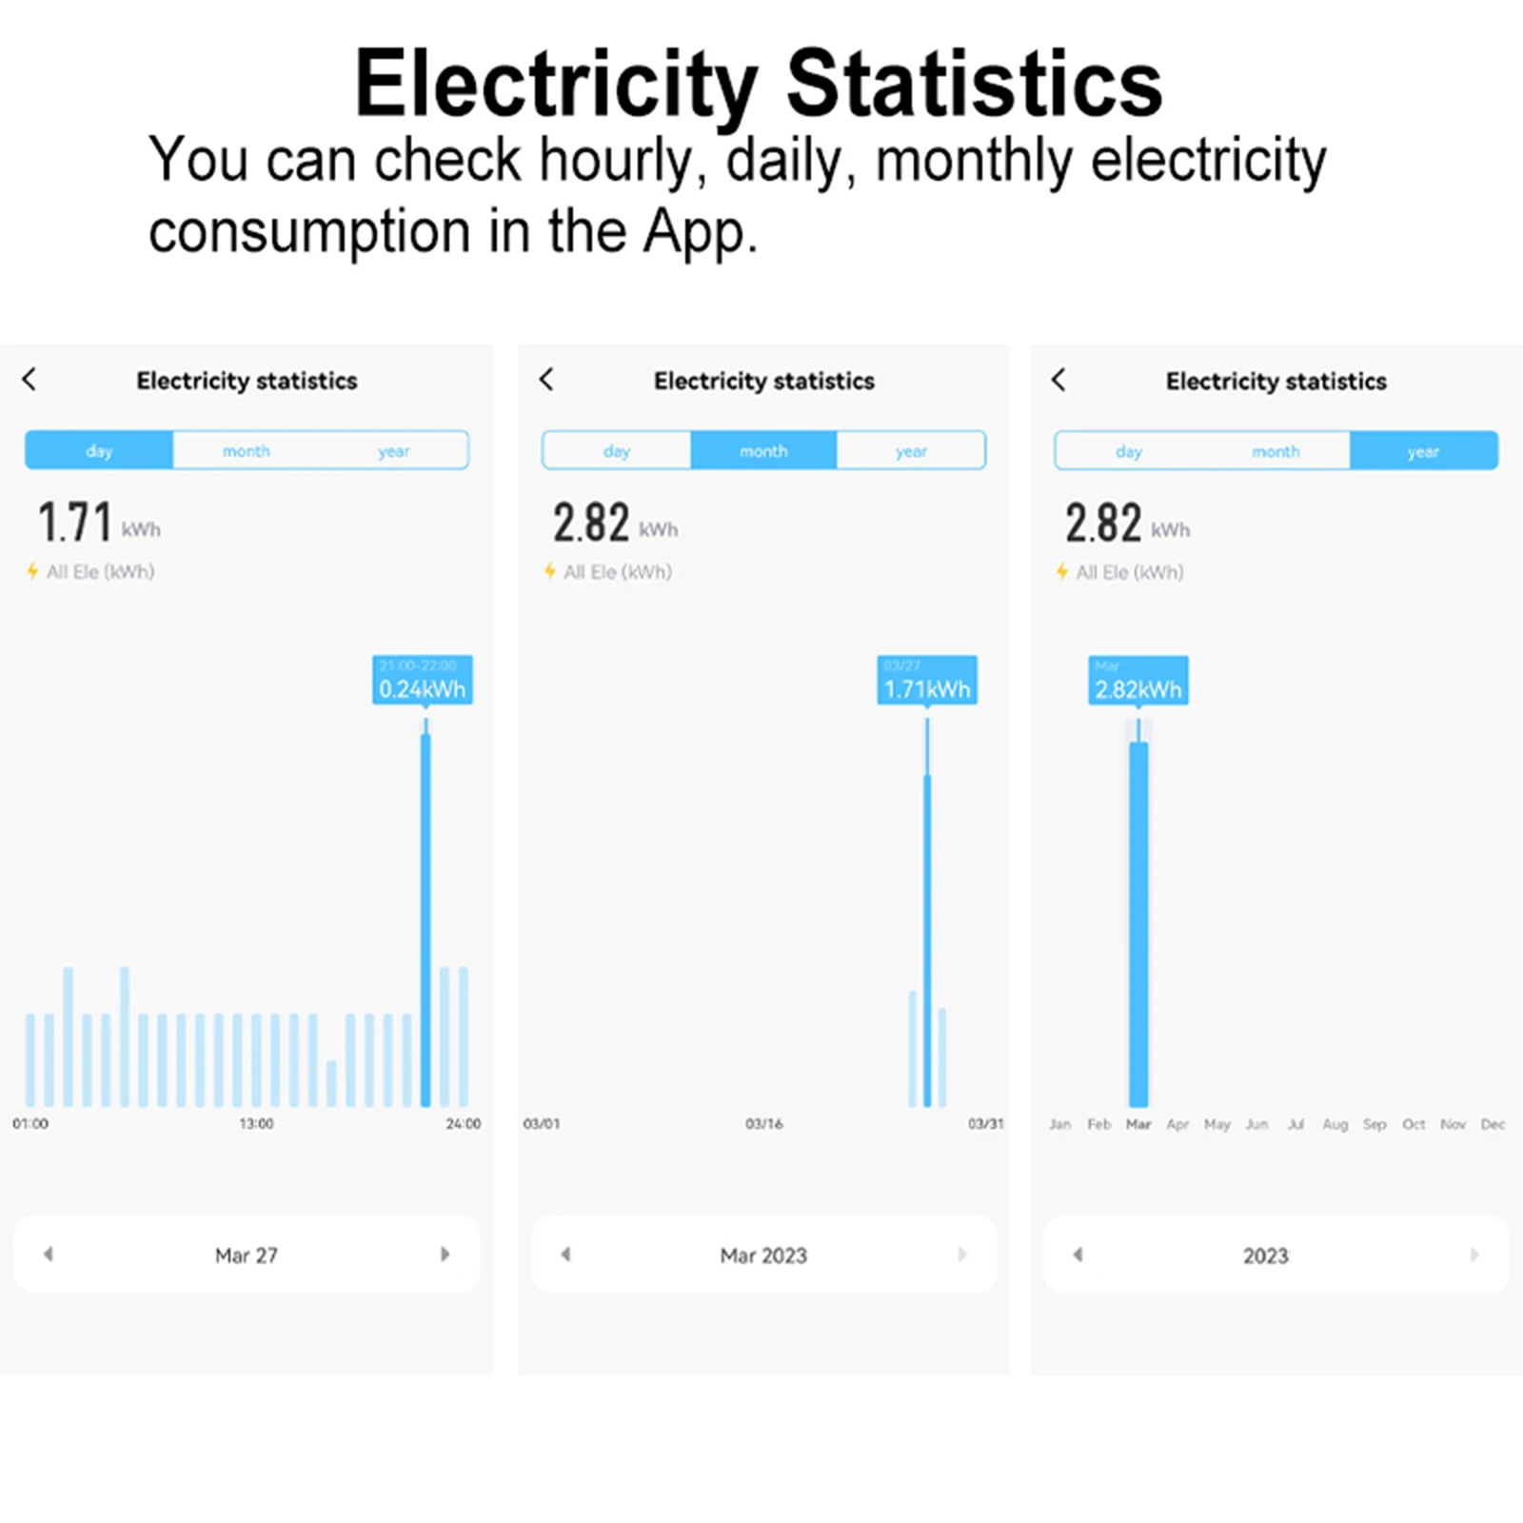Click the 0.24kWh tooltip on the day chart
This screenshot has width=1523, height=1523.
(422, 680)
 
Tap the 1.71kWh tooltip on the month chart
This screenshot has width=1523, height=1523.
(926, 680)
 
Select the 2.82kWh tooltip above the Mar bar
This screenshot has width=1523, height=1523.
(1137, 680)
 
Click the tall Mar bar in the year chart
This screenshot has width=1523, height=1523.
(1138, 923)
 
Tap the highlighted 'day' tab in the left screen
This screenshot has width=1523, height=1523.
(99, 450)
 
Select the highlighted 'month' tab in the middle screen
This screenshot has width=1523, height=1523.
(763, 450)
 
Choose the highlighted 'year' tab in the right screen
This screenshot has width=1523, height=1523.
(1423, 451)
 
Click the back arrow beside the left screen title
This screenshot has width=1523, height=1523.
(30, 379)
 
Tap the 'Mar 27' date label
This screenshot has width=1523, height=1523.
(247, 1256)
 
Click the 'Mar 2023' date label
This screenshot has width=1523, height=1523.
(763, 1256)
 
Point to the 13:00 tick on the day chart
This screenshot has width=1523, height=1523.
(256, 1124)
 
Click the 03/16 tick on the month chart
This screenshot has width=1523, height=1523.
(763, 1124)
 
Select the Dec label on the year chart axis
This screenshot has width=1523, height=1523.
(1493, 1124)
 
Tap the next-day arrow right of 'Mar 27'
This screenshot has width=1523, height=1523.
(445, 1255)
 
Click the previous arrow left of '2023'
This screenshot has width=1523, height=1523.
(1078, 1255)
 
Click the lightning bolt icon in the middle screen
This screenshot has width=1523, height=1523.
(549, 571)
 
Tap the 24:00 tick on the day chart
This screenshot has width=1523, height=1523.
(464, 1124)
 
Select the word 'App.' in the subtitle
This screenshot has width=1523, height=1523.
(700, 231)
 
